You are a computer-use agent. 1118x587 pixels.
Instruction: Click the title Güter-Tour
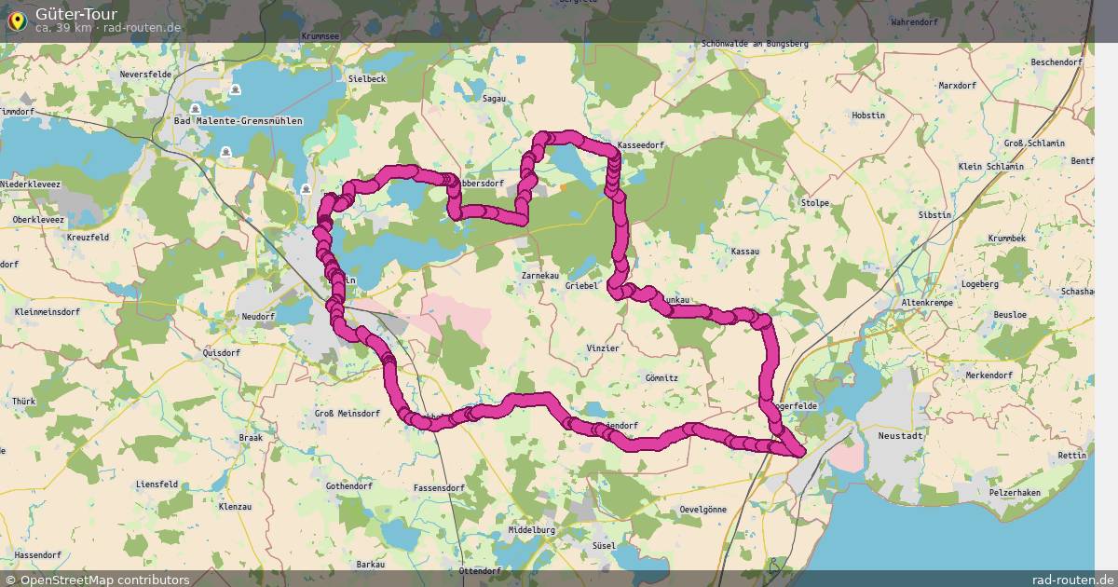76,14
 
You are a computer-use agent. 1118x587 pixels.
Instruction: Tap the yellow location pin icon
17,19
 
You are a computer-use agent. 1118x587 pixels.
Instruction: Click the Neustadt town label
901,435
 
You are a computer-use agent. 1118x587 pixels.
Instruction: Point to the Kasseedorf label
640,146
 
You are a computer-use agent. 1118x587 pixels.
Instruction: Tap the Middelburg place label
531,529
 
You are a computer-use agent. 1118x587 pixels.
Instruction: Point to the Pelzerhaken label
1015,491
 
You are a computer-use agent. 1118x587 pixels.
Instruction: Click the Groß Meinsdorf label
347,413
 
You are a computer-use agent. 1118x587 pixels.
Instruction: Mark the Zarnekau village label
539,277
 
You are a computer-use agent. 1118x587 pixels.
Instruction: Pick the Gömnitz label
661,378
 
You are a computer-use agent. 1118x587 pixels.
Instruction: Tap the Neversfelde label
147,74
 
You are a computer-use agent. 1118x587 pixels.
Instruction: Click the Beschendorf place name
1056,62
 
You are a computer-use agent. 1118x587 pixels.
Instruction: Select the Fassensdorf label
438,488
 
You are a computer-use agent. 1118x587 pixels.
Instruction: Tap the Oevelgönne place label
702,510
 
